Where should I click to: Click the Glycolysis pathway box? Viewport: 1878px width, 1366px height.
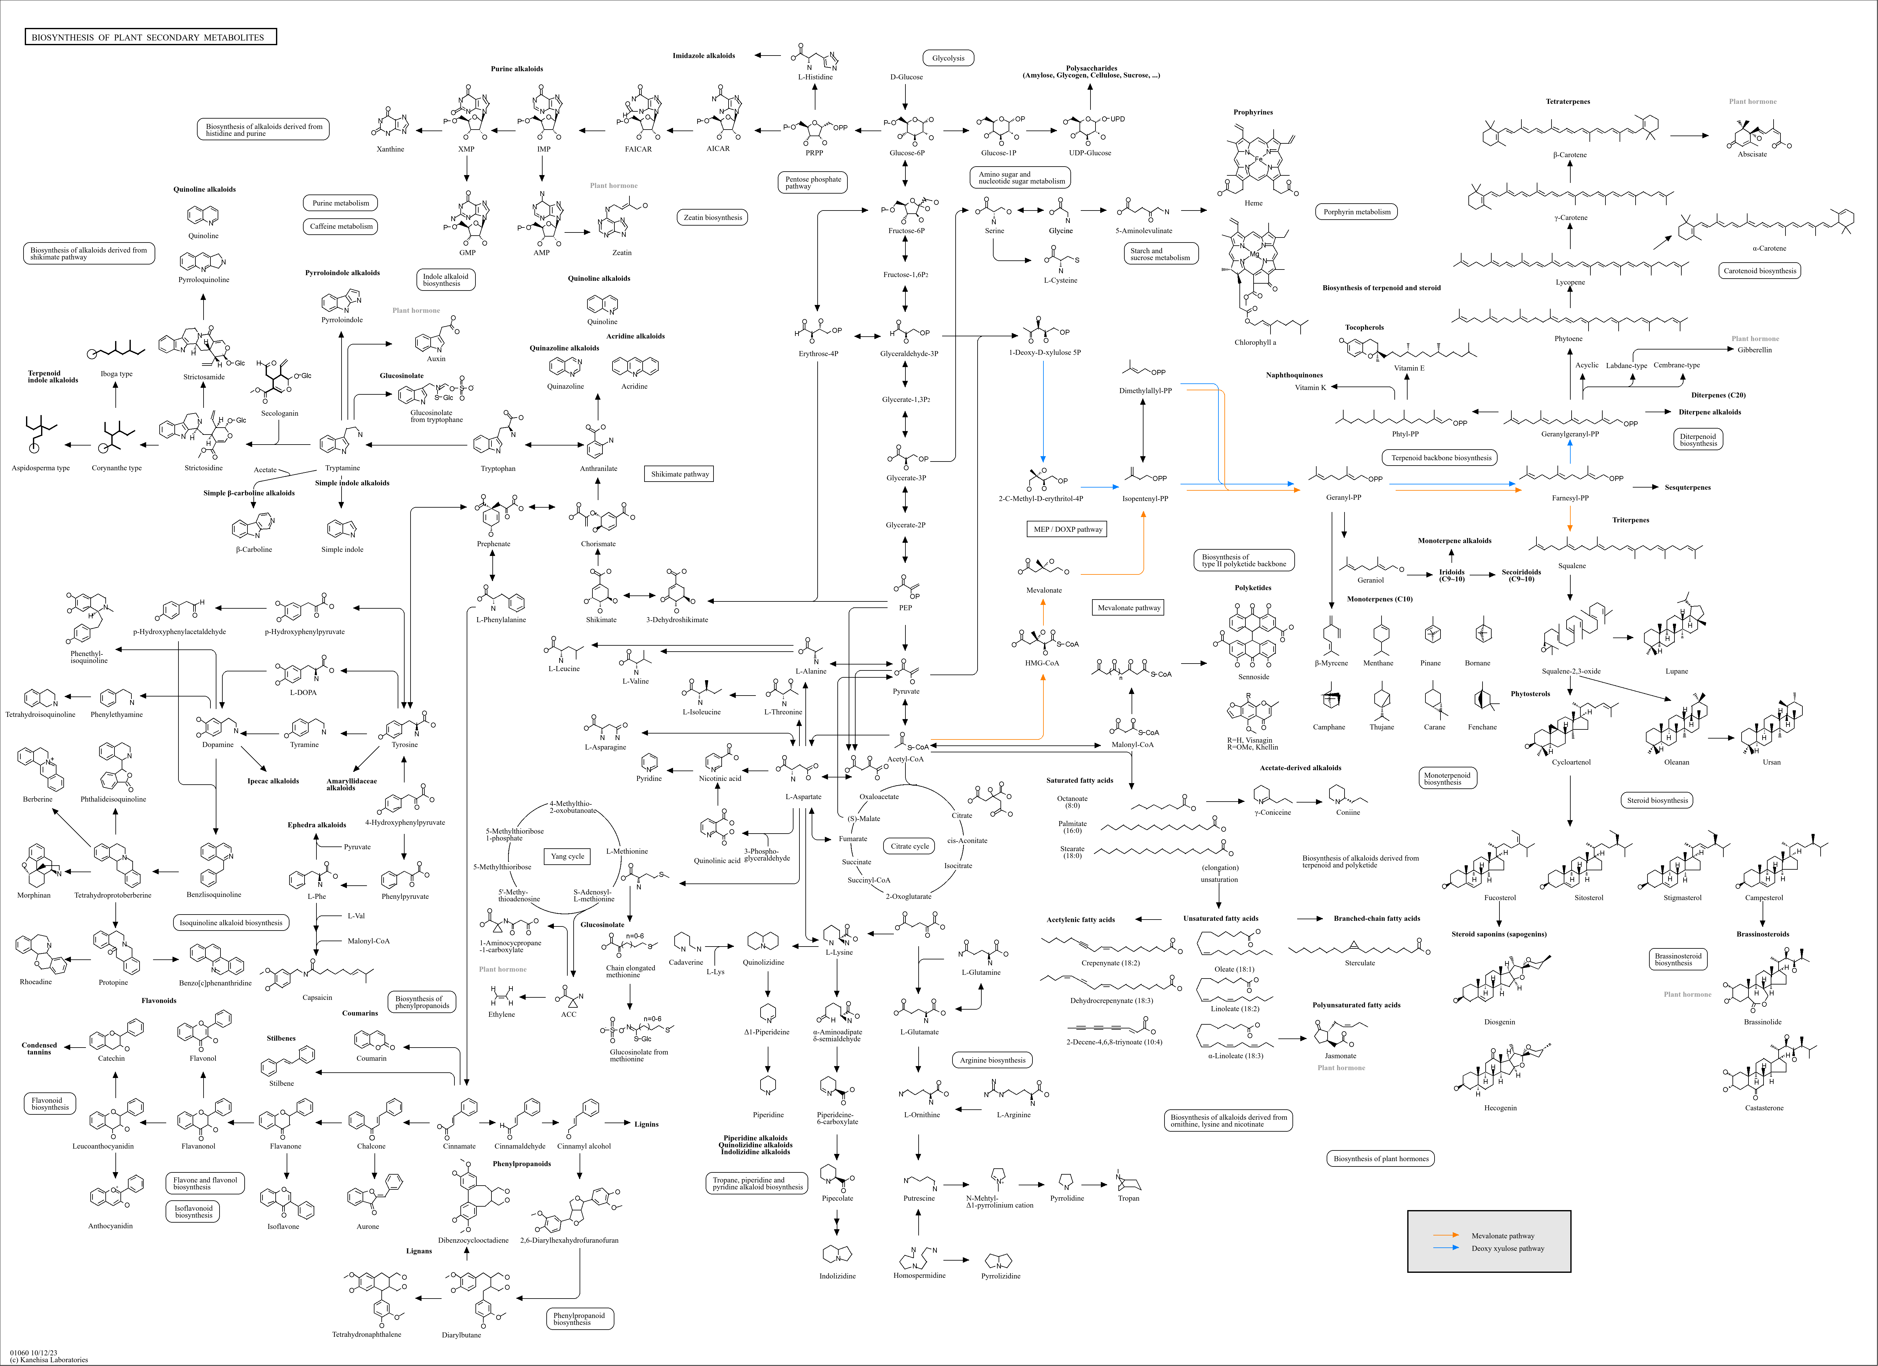[948, 58]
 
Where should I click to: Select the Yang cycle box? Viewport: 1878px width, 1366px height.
[568, 856]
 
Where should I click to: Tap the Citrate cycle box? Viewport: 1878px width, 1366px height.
[910, 846]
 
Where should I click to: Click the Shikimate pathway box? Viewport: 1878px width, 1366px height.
[680, 474]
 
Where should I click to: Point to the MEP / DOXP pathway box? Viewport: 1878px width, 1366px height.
[1068, 529]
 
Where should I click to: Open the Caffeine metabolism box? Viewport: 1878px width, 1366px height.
[341, 226]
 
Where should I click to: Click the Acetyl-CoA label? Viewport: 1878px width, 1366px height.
[905, 759]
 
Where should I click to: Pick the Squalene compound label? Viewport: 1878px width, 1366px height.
[1572, 566]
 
